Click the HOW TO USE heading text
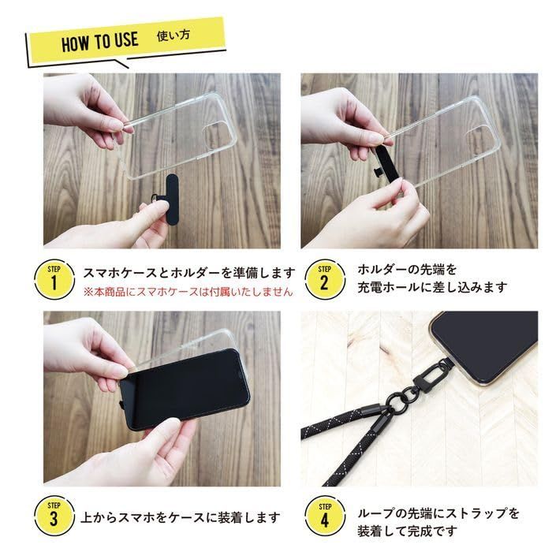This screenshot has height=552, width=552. [x=100, y=42]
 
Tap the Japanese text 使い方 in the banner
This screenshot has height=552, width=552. [x=173, y=35]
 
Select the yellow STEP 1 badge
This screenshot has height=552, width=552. [x=54, y=279]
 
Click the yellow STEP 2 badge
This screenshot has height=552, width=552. [x=325, y=279]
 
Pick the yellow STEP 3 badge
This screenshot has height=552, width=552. [x=54, y=516]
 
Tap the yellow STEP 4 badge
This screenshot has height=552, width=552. [x=325, y=516]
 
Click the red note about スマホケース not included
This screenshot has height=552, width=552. [x=188, y=292]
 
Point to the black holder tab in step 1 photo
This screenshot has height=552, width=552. [x=171, y=200]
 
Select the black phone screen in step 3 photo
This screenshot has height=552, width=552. [x=185, y=388]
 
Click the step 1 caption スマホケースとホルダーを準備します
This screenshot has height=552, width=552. [x=188, y=273]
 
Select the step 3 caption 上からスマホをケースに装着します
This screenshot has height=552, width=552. [x=181, y=517]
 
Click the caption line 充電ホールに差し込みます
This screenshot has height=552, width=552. [x=432, y=287]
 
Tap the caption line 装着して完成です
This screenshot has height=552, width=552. [x=408, y=531]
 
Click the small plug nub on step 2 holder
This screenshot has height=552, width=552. [x=376, y=171]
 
